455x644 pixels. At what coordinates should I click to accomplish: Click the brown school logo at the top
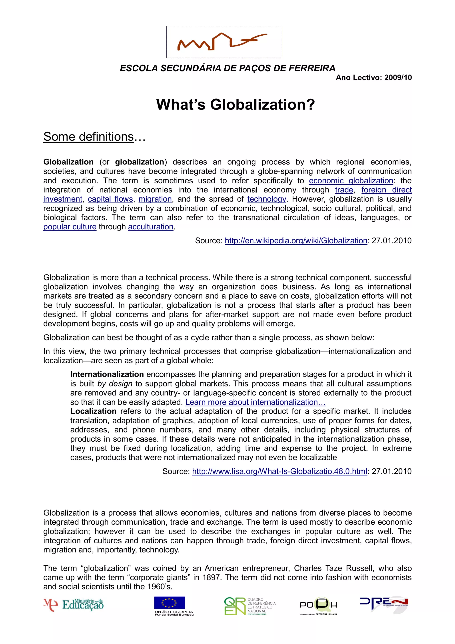pos(224,42)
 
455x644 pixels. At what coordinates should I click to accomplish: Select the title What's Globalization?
pos(235,105)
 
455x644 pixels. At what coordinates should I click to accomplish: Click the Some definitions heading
pos(89,137)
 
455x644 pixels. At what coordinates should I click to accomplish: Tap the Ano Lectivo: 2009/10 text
pos(373,78)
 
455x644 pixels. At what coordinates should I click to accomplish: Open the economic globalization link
pos(351,181)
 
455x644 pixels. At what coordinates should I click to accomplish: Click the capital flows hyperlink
pos(110,199)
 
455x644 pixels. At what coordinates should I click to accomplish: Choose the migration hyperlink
pos(155,199)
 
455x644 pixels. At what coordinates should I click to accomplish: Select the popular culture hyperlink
pos(70,227)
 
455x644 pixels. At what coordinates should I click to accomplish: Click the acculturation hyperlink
pos(151,227)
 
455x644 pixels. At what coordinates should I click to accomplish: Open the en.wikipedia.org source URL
pos(296,241)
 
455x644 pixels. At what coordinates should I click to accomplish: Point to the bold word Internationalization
pos(107,374)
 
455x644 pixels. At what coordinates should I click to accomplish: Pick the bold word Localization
pos(93,411)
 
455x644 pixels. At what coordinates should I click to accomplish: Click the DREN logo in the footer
pos(383,603)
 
